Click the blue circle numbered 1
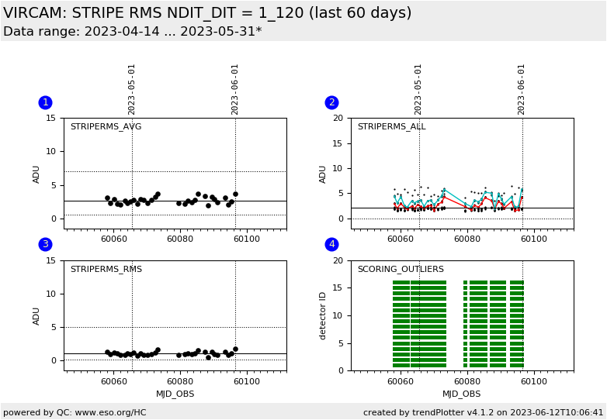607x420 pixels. pos(45,102)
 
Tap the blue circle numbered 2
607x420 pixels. pos(331,102)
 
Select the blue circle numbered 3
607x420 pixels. pos(45,244)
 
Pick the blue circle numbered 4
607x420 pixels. pos(331,244)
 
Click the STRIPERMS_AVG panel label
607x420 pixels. pos(106,127)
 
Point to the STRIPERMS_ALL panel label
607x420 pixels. pos(392,127)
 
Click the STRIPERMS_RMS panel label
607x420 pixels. pos(106,269)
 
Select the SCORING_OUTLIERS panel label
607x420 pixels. pos(401,269)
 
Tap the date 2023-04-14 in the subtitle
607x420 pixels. pos(122,31)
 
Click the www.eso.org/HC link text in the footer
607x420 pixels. pos(111,412)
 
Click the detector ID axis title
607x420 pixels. pos(322,316)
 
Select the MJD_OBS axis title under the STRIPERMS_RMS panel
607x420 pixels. pos(175,394)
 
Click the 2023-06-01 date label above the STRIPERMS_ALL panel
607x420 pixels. pos(521,90)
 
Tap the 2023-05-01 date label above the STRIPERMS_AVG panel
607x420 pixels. pos(131,90)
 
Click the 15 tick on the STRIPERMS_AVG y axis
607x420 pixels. pos(51,118)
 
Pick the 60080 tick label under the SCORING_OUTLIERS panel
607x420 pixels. pos(467,381)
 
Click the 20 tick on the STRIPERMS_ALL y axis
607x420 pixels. pos(338,118)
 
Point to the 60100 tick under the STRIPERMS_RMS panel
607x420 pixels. pos(247,381)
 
